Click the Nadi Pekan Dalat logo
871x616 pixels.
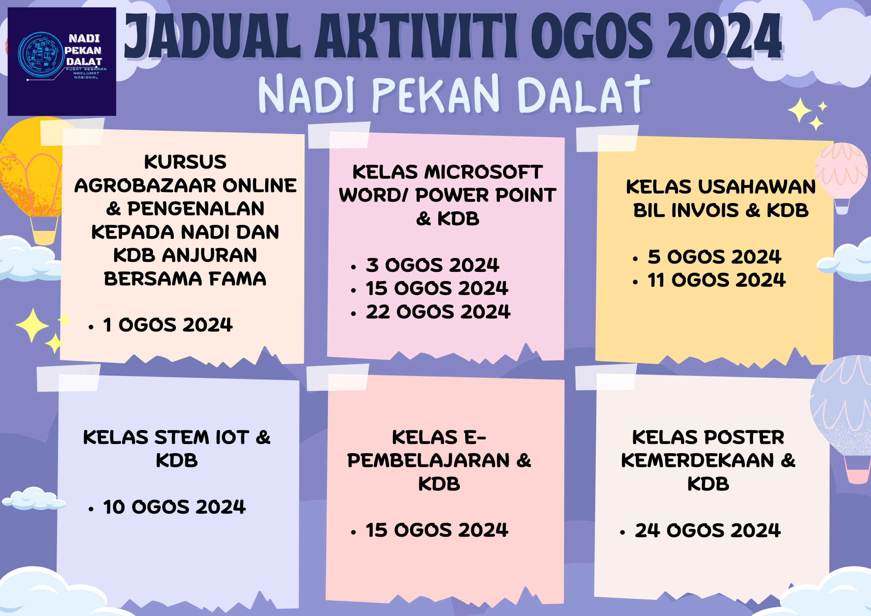pyautogui.click(x=62, y=61)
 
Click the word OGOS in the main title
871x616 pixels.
pyautogui.click(x=592, y=37)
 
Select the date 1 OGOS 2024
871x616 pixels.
pyautogui.click(x=168, y=325)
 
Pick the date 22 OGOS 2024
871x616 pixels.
pyautogui.click(x=438, y=312)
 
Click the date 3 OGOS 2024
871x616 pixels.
pyautogui.click(x=432, y=265)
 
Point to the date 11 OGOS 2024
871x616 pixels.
pyautogui.click(x=716, y=280)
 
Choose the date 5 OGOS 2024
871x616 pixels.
pyautogui.click(x=714, y=257)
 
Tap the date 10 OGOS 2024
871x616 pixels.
pyautogui.click(x=174, y=507)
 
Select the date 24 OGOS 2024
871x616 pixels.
pyautogui.click(x=708, y=531)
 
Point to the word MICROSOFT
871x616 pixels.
pyautogui.click(x=483, y=173)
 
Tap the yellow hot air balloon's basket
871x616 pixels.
pyautogui.click(x=44, y=231)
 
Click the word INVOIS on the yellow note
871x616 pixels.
pyautogui.click(x=705, y=211)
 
